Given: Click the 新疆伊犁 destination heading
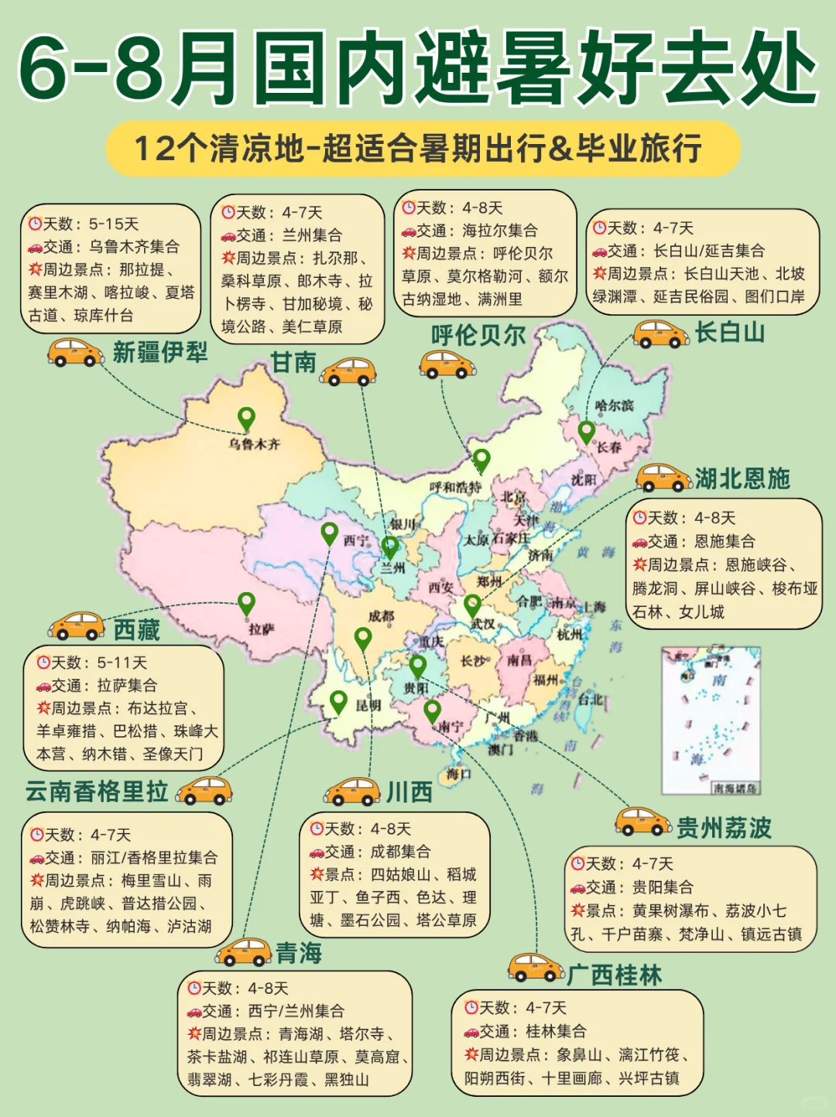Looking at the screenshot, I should click(160, 352).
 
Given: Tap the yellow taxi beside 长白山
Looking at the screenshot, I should click(660, 334).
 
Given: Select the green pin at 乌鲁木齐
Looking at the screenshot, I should click(246, 419).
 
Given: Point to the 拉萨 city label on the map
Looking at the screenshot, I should click(261, 629).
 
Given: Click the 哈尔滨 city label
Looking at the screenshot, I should click(615, 406).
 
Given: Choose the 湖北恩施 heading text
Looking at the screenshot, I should click(742, 478).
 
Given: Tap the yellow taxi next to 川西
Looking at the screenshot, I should click(351, 791).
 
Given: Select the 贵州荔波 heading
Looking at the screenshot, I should click(724, 827).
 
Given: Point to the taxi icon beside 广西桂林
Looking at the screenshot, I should click(536, 968).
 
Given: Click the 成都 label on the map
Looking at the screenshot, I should click(381, 616).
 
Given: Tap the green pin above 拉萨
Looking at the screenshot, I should click(246, 603).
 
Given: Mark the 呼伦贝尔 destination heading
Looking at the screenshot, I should click(478, 335).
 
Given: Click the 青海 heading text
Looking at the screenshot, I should click(299, 953).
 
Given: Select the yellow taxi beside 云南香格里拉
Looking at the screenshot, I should click(204, 791).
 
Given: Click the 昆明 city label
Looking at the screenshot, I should click(368, 705).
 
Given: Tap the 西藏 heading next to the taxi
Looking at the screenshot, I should click(136, 629).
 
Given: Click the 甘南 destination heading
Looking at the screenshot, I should click(293, 361).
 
